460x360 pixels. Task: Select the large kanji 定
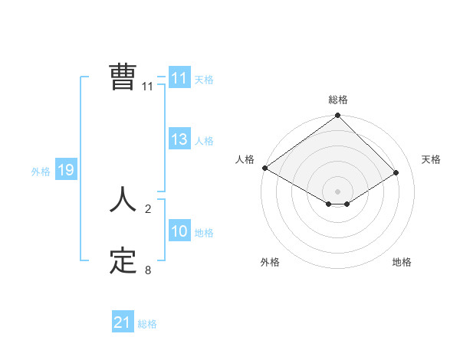coord(123,261)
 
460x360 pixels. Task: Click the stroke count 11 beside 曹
coord(147,87)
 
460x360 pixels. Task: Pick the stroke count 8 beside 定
coord(147,270)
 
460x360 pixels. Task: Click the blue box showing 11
coord(179,78)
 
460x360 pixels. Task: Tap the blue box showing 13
coord(179,139)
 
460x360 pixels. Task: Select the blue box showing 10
coord(179,231)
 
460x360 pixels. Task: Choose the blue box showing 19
coord(65,170)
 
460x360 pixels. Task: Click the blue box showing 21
coord(122,322)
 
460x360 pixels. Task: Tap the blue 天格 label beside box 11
coord(204,79)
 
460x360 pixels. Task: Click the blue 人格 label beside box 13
coord(204,140)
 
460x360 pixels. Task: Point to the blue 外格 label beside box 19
coord(41,172)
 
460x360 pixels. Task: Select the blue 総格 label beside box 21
coord(147,324)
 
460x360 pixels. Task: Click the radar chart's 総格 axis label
coord(337,100)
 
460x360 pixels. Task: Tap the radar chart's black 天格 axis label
coord(432,159)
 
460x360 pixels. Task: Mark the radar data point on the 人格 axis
coord(264,168)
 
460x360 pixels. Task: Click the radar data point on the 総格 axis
coord(337,116)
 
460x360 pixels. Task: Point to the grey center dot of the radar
coord(337,191)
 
